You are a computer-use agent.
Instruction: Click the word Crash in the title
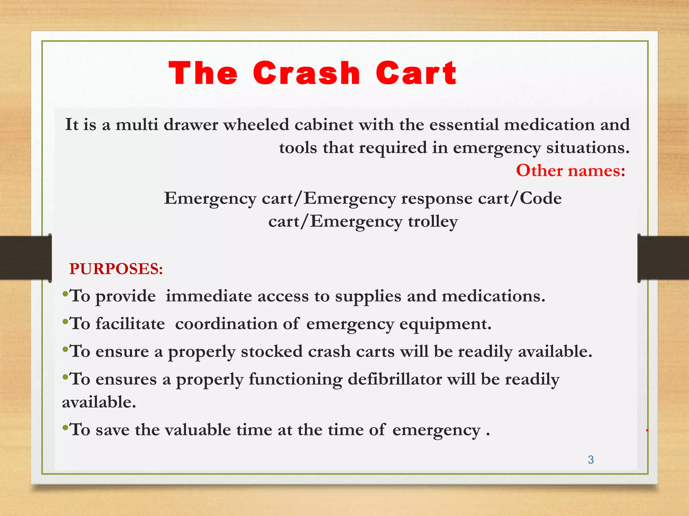tap(306, 73)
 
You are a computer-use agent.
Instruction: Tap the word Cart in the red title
tap(416, 73)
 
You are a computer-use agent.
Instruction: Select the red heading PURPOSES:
tap(116, 269)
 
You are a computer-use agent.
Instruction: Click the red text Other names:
tap(571, 170)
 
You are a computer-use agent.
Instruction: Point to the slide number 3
tap(591, 460)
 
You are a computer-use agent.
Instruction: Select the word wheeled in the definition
tap(256, 125)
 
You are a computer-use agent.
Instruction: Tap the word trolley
tap(433, 221)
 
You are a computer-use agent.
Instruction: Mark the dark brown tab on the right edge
tap(663, 258)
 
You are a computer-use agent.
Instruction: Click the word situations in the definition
tap(587, 148)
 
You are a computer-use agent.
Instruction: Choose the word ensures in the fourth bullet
tap(126, 379)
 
